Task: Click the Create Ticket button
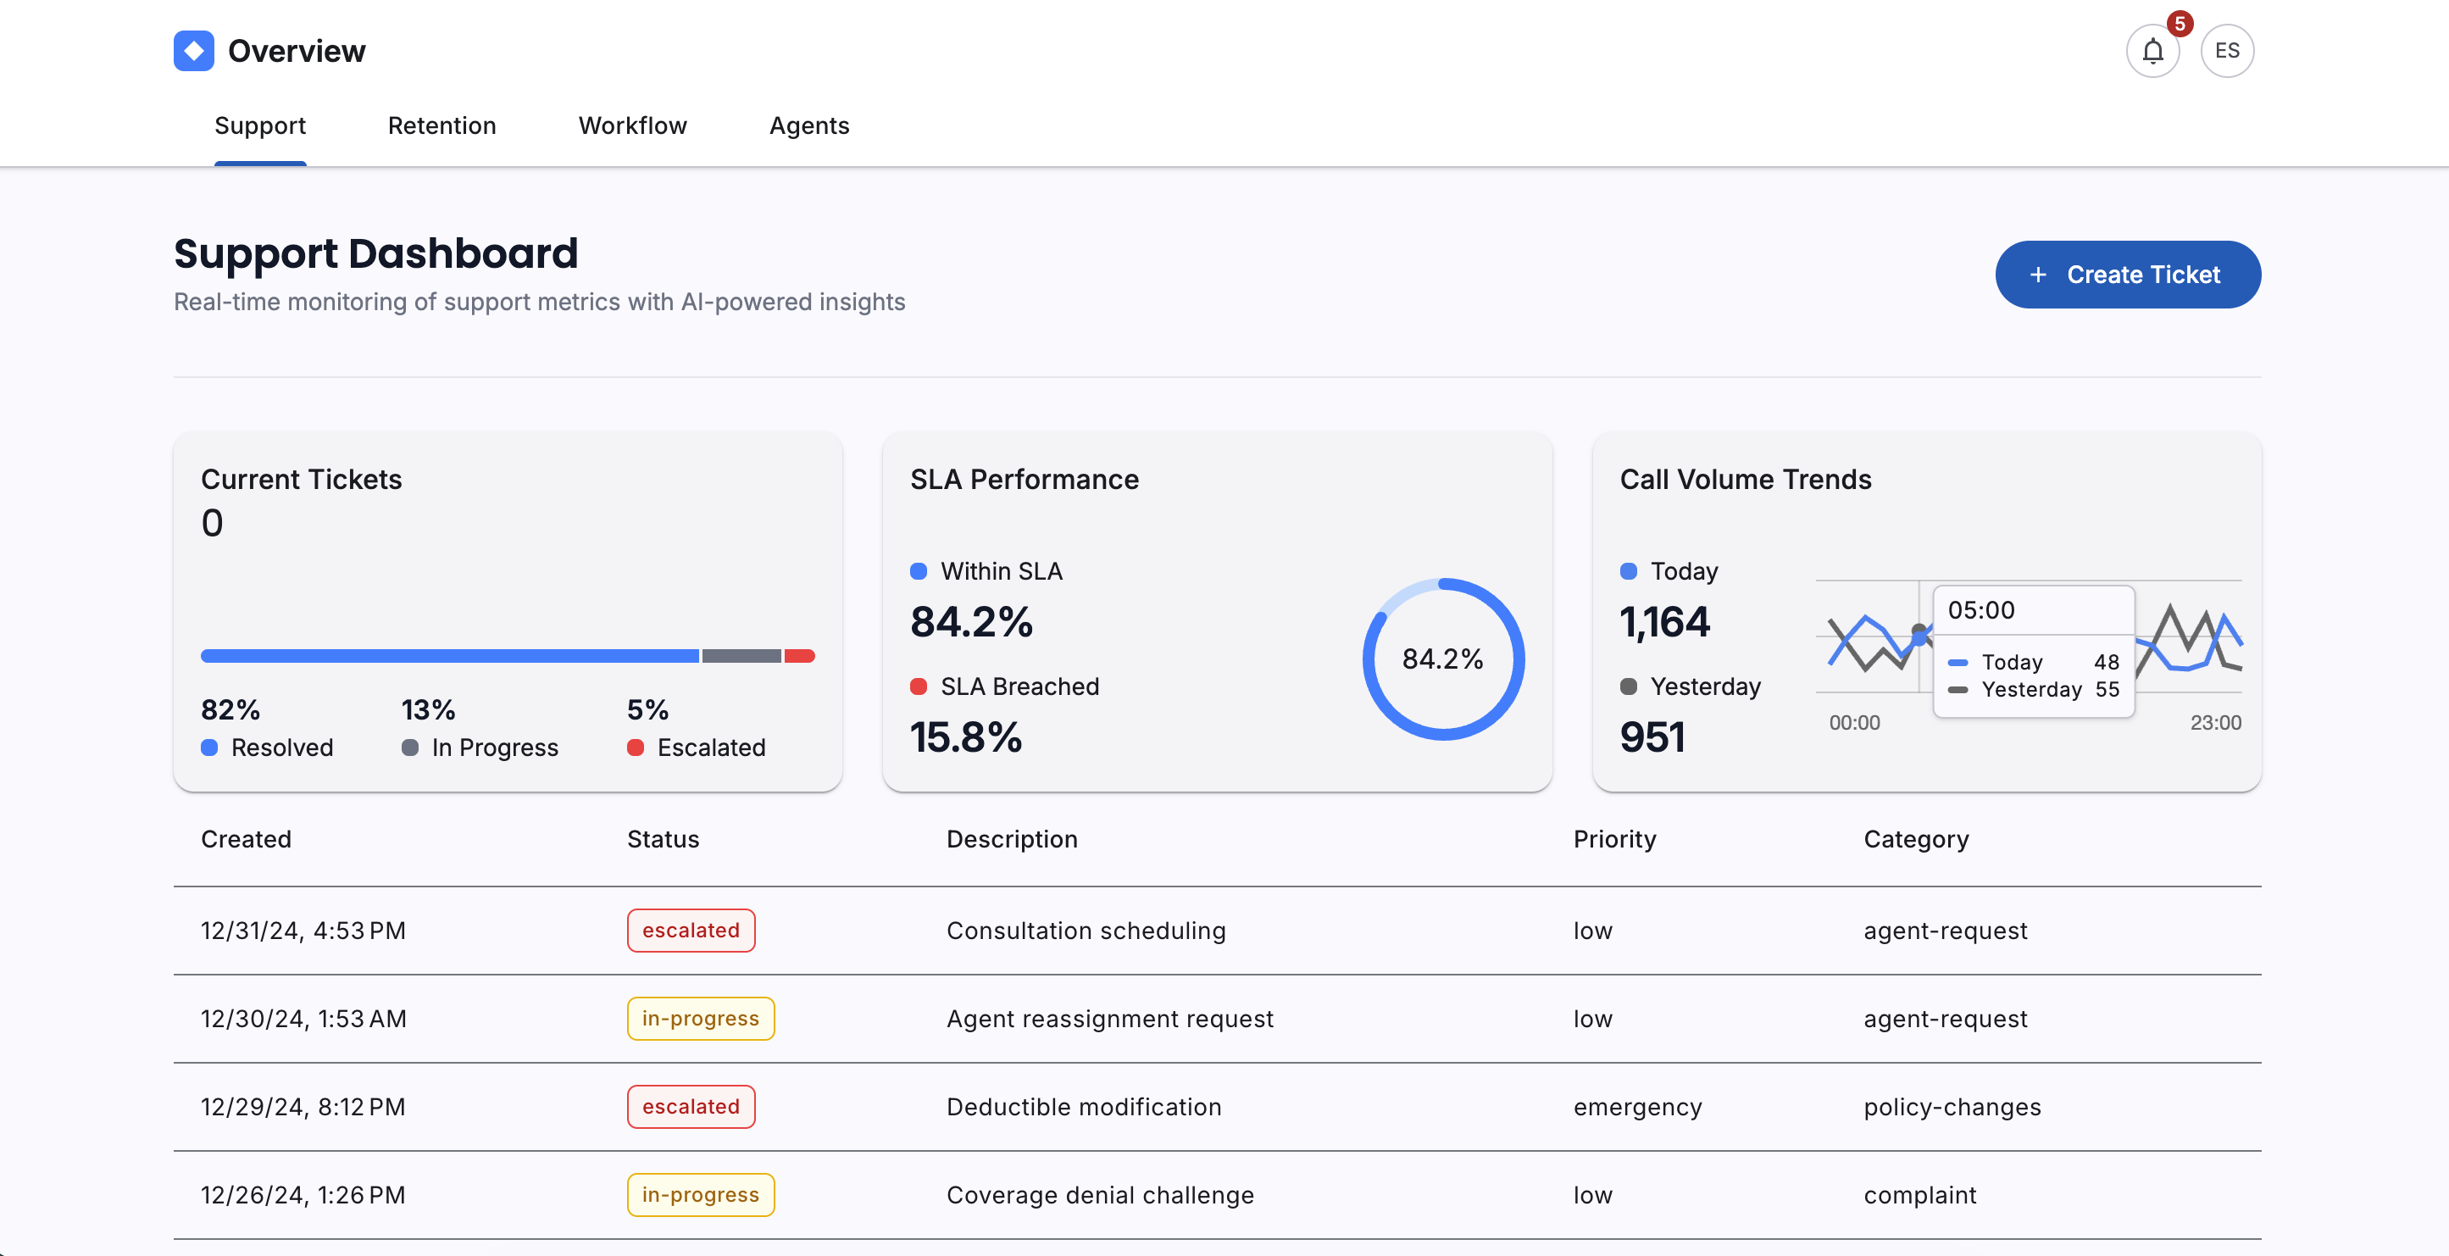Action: point(2127,275)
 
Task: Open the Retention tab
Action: point(441,125)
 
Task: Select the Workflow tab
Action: point(632,125)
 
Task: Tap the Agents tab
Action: point(808,125)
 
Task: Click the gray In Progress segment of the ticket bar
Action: point(741,656)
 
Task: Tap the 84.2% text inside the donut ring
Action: point(1442,659)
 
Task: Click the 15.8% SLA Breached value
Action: point(966,736)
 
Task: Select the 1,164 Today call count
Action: point(1664,622)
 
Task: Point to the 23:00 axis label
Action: point(2215,723)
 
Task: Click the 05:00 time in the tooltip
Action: point(1981,610)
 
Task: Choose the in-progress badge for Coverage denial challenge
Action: point(701,1194)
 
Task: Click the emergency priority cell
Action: point(1637,1107)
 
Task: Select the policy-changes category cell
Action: point(1952,1107)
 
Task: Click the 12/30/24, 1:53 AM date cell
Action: point(303,1019)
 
